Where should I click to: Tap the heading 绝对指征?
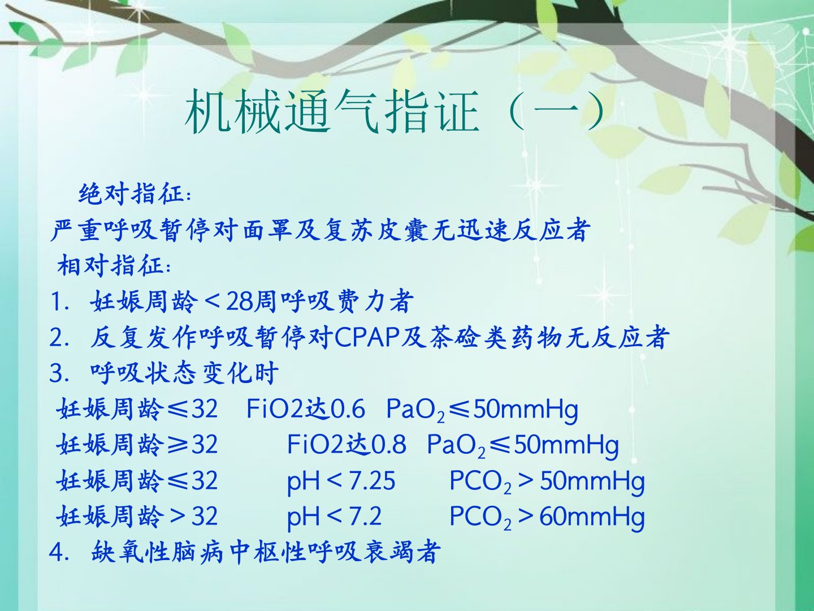click(131, 193)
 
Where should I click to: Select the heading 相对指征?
click(110, 265)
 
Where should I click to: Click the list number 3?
click(57, 373)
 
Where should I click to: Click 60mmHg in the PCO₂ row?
click(592, 517)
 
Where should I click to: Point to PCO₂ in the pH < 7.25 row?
click(480, 481)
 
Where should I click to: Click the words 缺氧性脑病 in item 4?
click(157, 553)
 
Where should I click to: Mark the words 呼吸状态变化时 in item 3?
click(184, 373)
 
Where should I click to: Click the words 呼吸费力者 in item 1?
click(347, 301)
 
